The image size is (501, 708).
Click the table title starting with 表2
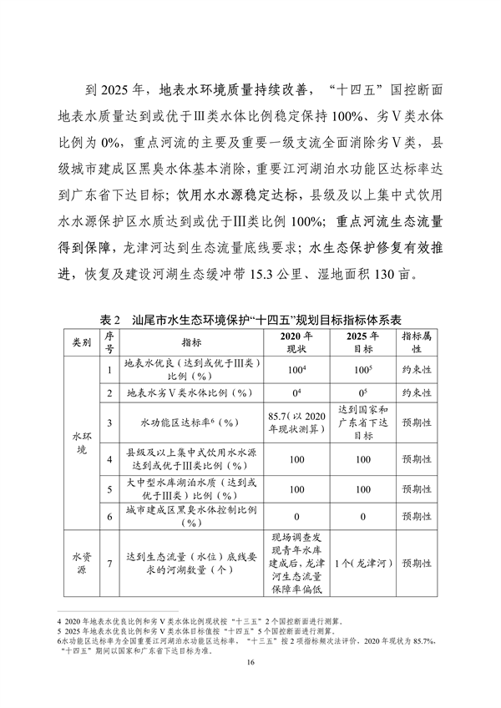(x=250, y=320)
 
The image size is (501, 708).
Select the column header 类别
(x=81, y=342)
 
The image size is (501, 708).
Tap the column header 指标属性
(x=416, y=342)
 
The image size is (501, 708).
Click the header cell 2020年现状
(x=297, y=342)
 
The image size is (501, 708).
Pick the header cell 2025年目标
(x=363, y=342)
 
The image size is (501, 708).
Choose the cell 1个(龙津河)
(x=363, y=564)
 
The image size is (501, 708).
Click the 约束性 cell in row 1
(x=416, y=369)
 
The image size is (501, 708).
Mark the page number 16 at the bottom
(x=250, y=685)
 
